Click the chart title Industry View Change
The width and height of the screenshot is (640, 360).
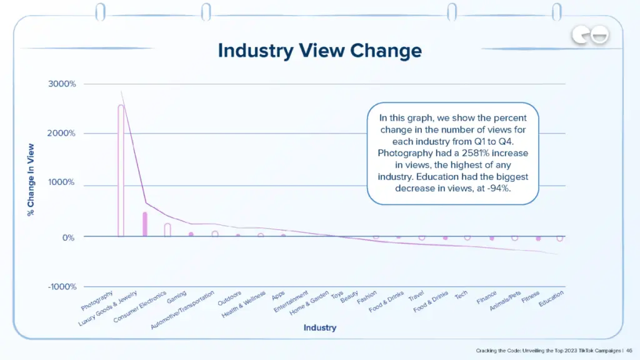pos(319,51)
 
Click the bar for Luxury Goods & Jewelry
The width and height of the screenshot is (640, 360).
pos(145,224)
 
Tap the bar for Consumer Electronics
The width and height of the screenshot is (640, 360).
pos(167,229)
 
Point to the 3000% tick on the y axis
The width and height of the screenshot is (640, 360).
pos(62,84)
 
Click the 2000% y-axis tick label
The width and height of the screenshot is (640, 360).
pos(62,133)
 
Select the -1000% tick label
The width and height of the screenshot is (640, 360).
pos(61,287)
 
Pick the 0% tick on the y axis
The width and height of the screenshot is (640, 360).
pos(69,237)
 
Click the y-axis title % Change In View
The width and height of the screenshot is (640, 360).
pos(30,181)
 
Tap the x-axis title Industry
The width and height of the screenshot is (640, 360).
pos(319,327)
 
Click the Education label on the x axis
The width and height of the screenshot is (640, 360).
pos(551,301)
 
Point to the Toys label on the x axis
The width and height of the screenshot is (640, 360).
pos(337,294)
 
